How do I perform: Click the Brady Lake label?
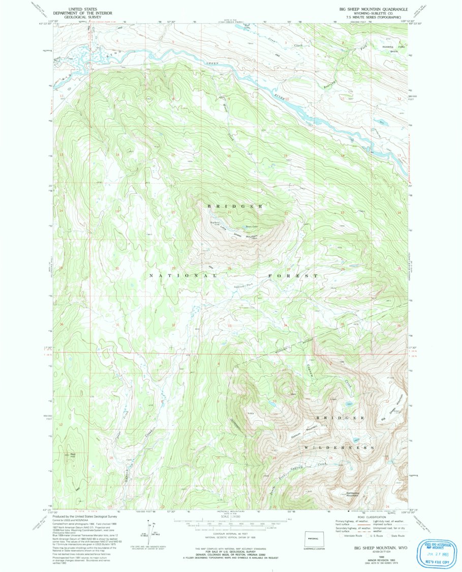point(252,227)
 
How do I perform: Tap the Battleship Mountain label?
point(353,493)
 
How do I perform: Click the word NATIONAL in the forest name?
point(186,275)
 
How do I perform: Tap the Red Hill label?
point(73,454)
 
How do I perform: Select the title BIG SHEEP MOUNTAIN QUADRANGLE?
point(374,10)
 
